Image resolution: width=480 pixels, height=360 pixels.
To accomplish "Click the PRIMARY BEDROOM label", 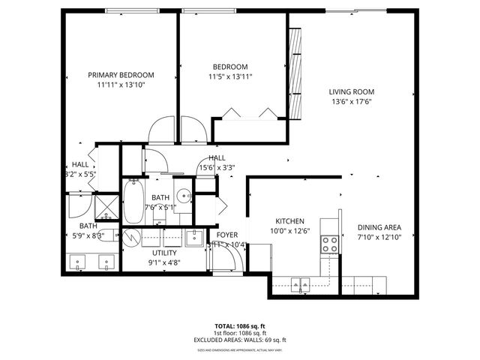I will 121,75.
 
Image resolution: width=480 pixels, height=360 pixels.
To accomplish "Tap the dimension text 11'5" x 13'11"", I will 230,76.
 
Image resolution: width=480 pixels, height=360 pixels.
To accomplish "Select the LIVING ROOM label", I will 351,92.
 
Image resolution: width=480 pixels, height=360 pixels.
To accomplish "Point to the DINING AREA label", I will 379,227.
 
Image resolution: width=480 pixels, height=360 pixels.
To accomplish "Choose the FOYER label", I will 227,235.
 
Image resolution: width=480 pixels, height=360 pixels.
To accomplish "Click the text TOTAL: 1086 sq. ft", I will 240,326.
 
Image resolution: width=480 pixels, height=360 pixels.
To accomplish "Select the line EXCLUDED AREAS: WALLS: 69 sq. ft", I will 240,340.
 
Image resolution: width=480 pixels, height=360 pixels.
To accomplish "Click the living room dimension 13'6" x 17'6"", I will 351,103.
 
